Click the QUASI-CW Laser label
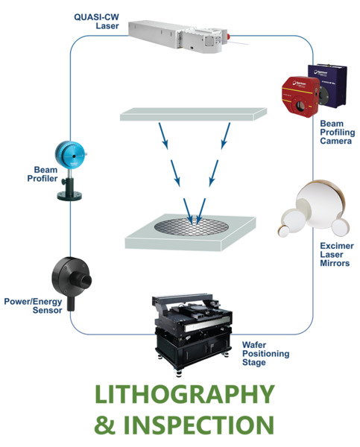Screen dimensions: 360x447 [x=96, y=22]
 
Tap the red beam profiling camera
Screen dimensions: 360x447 [x=300, y=96]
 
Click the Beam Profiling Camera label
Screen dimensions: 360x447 [x=337, y=133]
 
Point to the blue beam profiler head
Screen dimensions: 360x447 [x=71, y=155]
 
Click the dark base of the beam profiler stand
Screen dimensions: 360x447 [x=69, y=196]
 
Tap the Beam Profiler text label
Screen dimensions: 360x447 [x=42, y=174]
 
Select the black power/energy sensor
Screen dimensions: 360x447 [x=72, y=282]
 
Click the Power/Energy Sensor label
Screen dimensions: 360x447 [x=33, y=306]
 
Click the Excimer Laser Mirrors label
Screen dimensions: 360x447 [x=337, y=254]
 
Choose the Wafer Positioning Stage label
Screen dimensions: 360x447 [x=265, y=353]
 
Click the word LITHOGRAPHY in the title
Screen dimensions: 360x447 [x=185, y=394]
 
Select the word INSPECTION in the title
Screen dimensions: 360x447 [x=198, y=425]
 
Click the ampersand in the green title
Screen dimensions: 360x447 [x=104, y=425]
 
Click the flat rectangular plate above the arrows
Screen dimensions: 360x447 [x=193, y=114]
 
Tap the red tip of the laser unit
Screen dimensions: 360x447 [x=228, y=37]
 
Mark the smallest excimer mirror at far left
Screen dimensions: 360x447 [x=283, y=231]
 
